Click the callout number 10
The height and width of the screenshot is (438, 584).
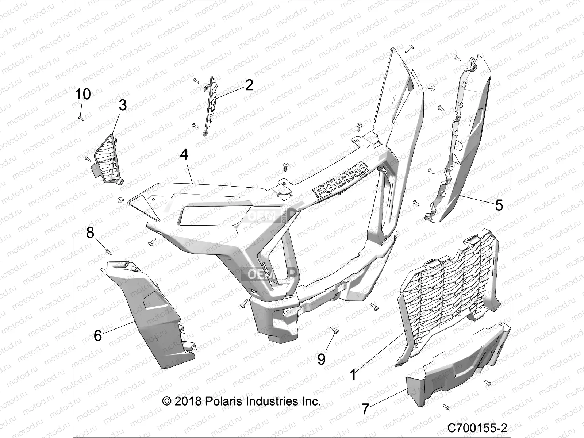coord(83,94)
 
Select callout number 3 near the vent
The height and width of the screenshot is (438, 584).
coord(123,105)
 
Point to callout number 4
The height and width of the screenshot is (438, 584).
coord(184,154)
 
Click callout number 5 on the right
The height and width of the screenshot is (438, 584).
coord(499,205)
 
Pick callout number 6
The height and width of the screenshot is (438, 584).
coord(97,335)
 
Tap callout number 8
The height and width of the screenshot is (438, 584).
coord(90,232)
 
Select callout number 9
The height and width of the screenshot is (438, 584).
coord(321,359)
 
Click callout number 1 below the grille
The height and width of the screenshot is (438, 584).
coord(353,375)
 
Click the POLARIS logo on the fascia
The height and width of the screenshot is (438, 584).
coord(340,179)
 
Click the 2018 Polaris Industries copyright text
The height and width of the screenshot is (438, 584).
coord(241,401)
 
